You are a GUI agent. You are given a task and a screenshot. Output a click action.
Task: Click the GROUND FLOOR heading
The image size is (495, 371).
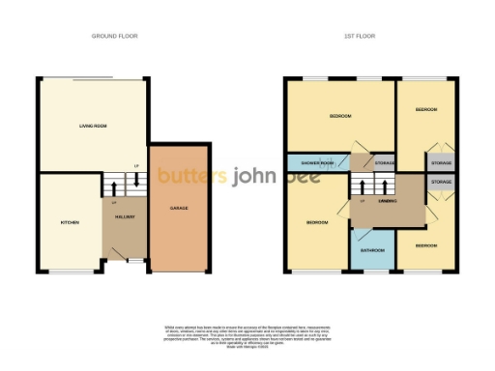click(x=115, y=36)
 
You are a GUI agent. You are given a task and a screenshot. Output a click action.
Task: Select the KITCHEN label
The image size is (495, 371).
click(x=70, y=222)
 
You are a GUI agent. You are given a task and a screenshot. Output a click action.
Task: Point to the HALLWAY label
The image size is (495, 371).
click(x=125, y=216)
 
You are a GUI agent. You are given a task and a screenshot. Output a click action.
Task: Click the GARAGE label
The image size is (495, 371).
click(x=179, y=208)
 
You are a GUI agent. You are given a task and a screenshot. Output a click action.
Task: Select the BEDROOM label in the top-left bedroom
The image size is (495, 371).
click(x=340, y=116)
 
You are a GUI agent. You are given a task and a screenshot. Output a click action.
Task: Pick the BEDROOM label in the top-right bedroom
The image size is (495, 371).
click(x=426, y=110)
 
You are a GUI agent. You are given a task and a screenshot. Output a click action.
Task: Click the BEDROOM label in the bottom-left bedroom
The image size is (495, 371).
click(x=317, y=222)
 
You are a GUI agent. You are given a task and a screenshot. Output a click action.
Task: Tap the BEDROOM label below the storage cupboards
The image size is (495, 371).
click(x=426, y=245)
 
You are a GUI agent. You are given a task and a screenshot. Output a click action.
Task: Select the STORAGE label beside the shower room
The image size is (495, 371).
click(x=384, y=162)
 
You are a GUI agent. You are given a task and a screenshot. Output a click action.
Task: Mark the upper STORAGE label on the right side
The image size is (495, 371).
click(x=441, y=162)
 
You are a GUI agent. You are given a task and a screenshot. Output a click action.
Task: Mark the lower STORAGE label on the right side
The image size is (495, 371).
click(x=441, y=182)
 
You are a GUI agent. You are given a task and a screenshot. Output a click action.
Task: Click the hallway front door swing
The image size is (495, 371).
click(x=120, y=252)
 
